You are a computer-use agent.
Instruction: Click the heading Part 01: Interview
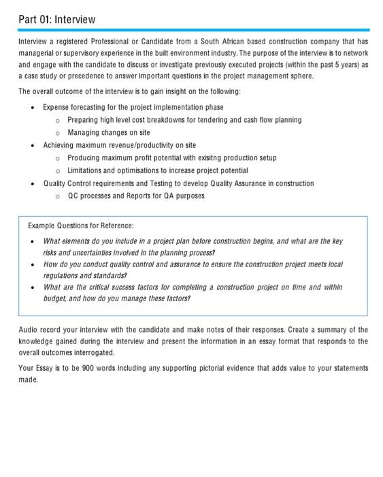pyautogui.click(x=57, y=19)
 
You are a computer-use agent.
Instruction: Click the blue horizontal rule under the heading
pyautogui.click(x=194, y=30)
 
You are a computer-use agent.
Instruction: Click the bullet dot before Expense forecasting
pyautogui.click(x=32, y=108)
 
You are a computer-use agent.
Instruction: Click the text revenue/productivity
pyautogui.click(x=133, y=145)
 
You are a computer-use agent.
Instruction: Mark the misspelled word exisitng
pyautogui.click(x=207, y=157)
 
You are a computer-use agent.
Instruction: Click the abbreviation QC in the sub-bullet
pyautogui.click(x=73, y=196)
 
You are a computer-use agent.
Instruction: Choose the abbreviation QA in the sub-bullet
pyautogui.click(x=167, y=196)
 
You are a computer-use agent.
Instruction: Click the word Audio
pyautogui.click(x=29, y=330)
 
